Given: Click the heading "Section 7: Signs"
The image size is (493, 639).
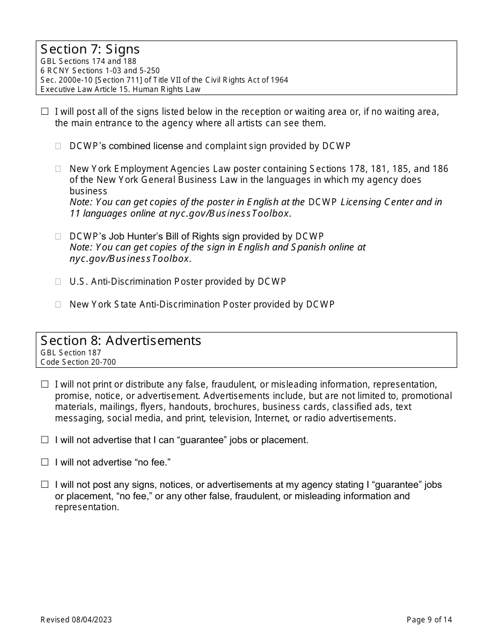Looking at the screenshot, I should point(90,49).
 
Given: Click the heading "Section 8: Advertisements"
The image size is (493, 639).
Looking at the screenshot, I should point(121,341).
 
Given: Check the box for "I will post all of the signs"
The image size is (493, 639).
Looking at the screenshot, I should point(45,112).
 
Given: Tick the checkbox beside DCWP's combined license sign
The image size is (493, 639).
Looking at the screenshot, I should point(59,147).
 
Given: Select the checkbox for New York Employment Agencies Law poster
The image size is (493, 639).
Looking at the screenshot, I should point(59,169).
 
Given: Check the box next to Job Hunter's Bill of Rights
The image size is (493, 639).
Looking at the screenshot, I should point(59,237).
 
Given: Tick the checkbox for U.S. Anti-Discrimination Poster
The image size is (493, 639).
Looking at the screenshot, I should point(59,282).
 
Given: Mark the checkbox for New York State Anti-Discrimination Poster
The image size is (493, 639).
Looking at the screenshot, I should point(59,304).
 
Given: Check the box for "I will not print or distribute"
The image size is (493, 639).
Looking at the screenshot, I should point(45,384).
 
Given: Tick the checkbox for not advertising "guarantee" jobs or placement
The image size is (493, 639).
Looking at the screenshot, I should point(45,440).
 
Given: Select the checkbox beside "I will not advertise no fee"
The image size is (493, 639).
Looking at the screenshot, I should point(45,462).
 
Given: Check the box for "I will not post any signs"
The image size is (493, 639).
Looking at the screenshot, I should point(45,485).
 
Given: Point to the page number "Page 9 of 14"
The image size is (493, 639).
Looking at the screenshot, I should point(429,619).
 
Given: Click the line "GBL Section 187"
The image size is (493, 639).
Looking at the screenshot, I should point(71,353).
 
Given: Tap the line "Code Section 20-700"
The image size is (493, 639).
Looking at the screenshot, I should point(78,362).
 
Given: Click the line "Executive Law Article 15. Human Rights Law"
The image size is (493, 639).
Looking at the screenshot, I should point(120,89).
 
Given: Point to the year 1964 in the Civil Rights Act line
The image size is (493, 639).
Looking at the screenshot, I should point(279,80).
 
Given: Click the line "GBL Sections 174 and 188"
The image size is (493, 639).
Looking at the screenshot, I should point(89,61).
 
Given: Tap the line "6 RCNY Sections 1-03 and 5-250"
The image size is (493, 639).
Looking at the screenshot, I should point(100,71).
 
